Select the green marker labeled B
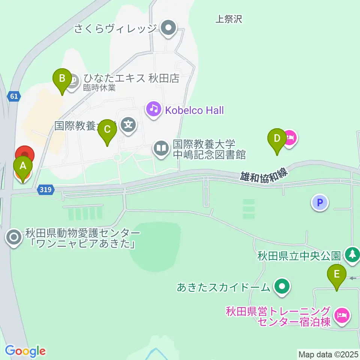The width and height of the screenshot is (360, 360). (x=62, y=79)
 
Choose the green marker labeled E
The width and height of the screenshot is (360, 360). (x=336, y=275)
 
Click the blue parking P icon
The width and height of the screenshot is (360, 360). (x=320, y=203)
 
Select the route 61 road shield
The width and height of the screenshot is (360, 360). (x=14, y=96)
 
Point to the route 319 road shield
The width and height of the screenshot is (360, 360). (x=45, y=190)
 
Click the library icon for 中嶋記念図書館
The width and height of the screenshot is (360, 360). (x=161, y=148)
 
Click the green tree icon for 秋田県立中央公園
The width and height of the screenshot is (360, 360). (x=352, y=255)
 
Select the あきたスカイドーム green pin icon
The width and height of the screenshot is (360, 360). (x=282, y=287)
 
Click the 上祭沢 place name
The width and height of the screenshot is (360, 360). (x=229, y=19)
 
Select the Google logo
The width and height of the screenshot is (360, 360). (x=25, y=351)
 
